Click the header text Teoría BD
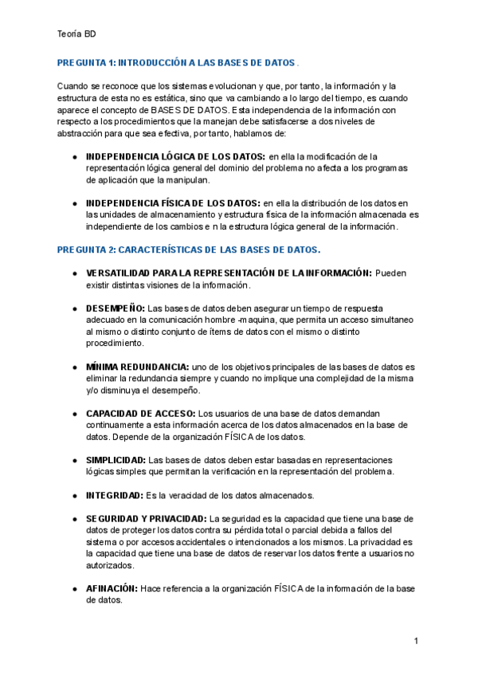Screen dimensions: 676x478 [x=77, y=34]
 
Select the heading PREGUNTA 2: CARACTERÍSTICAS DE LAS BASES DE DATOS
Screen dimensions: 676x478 [x=188, y=250]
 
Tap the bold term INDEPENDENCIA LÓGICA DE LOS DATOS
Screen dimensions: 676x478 [x=175, y=156]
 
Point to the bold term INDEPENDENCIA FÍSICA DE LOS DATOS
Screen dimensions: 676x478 [x=172, y=203]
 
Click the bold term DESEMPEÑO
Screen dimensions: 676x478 [x=116, y=308]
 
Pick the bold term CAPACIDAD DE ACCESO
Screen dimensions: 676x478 [x=140, y=414]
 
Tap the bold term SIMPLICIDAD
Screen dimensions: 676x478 [x=116, y=461]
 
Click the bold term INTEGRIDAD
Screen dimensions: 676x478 [x=112, y=496]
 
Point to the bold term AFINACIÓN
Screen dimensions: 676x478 [x=112, y=589]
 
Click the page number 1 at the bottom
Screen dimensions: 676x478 [x=416, y=641]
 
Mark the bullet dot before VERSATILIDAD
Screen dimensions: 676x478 [x=74, y=273]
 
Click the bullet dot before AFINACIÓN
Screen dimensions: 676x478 [x=74, y=590]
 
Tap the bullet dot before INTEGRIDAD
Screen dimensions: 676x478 [x=74, y=497]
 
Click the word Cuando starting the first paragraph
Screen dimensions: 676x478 [x=73, y=86]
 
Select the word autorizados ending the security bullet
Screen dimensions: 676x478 [x=110, y=566]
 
